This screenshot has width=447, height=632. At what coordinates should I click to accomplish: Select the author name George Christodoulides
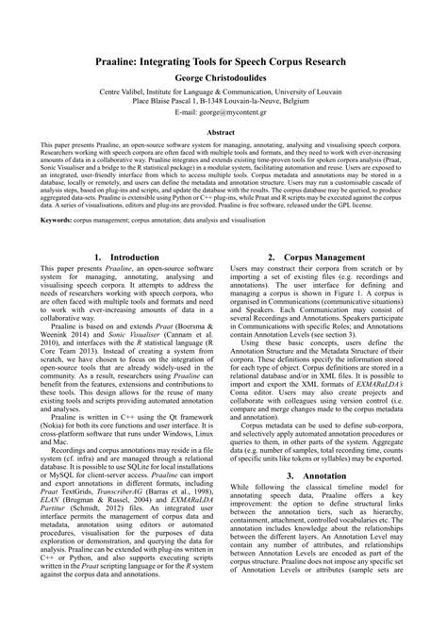click(x=223, y=76)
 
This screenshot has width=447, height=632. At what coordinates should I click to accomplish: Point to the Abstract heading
click(x=223, y=133)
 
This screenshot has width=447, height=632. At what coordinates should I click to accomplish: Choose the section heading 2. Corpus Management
click(x=322, y=256)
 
